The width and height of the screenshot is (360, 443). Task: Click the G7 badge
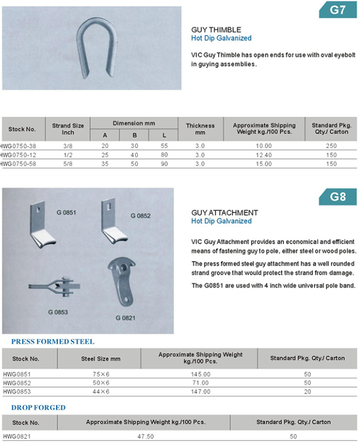click(x=337, y=10)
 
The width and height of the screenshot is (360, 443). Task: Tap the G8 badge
click(x=337, y=197)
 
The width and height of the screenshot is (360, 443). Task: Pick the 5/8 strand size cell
click(x=67, y=164)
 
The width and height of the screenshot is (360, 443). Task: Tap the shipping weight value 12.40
click(x=264, y=155)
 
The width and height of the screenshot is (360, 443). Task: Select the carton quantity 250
click(x=332, y=146)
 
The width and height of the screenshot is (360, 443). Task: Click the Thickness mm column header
click(x=200, y=129)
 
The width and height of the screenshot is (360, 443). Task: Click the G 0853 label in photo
click(x=57, y=312)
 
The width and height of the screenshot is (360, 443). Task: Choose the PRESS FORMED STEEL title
click(x=53, y=342)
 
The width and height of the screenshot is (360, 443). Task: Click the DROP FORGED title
click(x=38, y=407)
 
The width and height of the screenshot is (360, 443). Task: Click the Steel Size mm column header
click(x=101, y=359)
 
